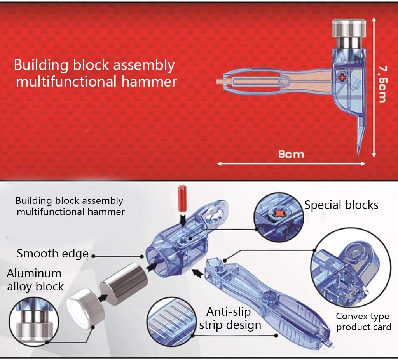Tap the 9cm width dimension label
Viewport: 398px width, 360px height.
[291, 154]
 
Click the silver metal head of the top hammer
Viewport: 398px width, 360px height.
[349, 34]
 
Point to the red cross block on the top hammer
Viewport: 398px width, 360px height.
[342, 77]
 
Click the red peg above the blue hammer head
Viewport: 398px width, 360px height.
[182, 198]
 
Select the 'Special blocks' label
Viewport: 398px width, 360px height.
[341, 205]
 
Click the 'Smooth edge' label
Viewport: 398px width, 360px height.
[52, 254]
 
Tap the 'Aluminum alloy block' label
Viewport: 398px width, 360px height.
[35, 280]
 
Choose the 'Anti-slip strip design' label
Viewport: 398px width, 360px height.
[230, 318]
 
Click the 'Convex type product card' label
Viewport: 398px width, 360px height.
[363, 322]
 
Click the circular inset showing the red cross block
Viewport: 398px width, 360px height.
[279, 217]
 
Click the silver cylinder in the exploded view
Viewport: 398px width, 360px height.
[123, 283]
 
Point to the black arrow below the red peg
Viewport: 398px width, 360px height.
[183, 219]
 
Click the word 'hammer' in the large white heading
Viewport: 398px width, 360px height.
[149, 82]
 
